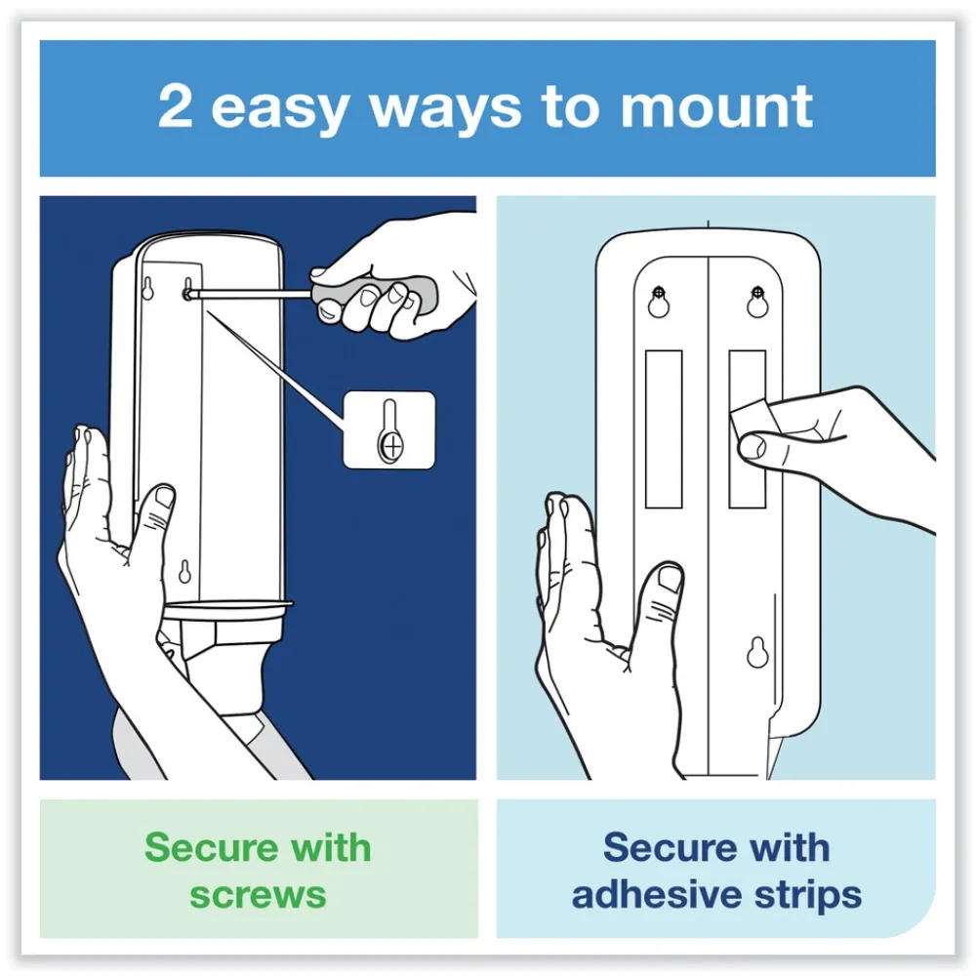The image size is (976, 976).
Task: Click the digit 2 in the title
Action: (175, 106)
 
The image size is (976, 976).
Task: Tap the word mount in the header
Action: (716, 107)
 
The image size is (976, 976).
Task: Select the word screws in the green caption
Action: (258, 895)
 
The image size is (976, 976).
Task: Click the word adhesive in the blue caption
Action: (657, 894)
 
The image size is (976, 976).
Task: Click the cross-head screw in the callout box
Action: (391, 446)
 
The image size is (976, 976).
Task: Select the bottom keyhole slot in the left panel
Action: (184, 572)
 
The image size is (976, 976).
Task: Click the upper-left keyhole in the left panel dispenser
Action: (147, 289)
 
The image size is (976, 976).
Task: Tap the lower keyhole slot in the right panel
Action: (757, 652)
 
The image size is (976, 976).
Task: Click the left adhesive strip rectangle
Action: (664, 428)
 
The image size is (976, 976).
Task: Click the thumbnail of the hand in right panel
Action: (670, 578)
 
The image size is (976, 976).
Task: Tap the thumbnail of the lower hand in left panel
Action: (165, 497)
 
